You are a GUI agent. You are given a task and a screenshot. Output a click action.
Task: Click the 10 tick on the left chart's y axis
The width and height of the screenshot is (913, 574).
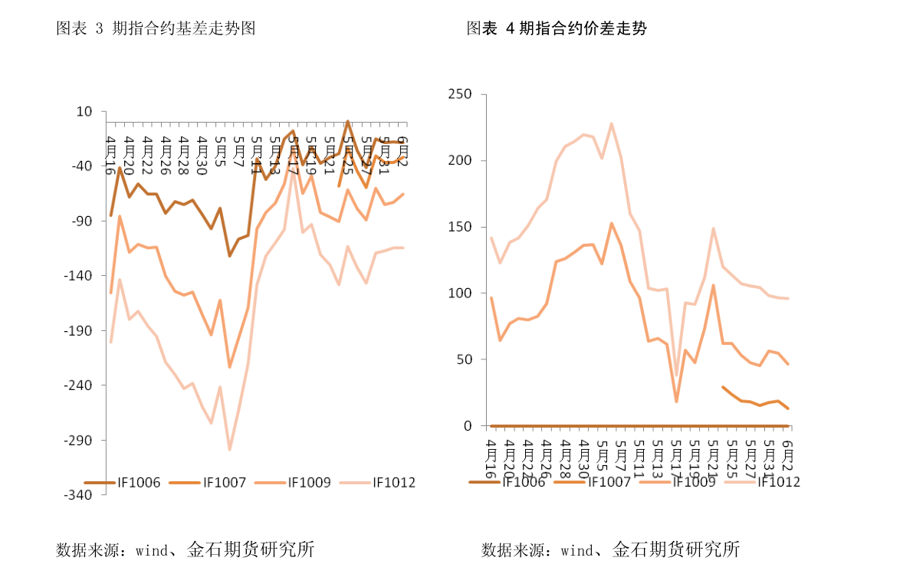[85, 112]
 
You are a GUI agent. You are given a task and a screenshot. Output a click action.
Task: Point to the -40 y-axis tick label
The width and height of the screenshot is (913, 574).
[81, 166]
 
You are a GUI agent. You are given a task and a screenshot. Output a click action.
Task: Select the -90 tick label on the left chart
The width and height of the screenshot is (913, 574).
[81, 221]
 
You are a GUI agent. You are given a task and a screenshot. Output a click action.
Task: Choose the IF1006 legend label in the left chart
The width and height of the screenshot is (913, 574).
[139, 483]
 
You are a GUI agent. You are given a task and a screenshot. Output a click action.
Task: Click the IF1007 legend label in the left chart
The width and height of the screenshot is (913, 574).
[225, 483]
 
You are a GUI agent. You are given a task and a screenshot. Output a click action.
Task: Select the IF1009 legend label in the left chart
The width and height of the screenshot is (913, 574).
[310, 483]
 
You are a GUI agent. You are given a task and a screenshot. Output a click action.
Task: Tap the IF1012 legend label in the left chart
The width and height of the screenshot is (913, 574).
[394, 483]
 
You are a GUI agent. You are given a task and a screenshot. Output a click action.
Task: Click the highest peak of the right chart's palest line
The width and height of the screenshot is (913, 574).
[612, 123]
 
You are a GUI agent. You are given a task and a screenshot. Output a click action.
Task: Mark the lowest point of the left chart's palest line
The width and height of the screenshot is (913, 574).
[229, 450]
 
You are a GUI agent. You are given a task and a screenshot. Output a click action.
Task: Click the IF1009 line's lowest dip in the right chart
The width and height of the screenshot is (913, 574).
[676, 402]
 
